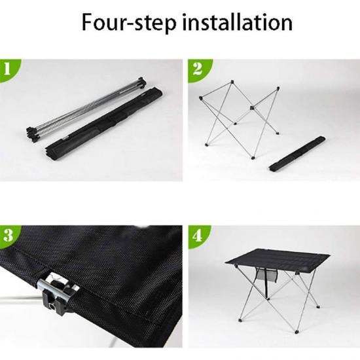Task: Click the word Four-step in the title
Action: coord(129,22)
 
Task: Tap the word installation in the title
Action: coord(238,22)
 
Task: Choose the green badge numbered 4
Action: coord(198,236)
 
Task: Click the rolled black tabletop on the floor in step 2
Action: coord(297,154)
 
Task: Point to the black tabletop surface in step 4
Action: coord(278,260)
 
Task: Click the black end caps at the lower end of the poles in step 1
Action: coord(33,133)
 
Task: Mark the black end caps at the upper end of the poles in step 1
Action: coord(141,82)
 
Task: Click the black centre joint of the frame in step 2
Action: coord(252,107)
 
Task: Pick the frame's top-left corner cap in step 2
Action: coord(201,98)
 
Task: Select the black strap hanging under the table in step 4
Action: coord(266,283)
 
